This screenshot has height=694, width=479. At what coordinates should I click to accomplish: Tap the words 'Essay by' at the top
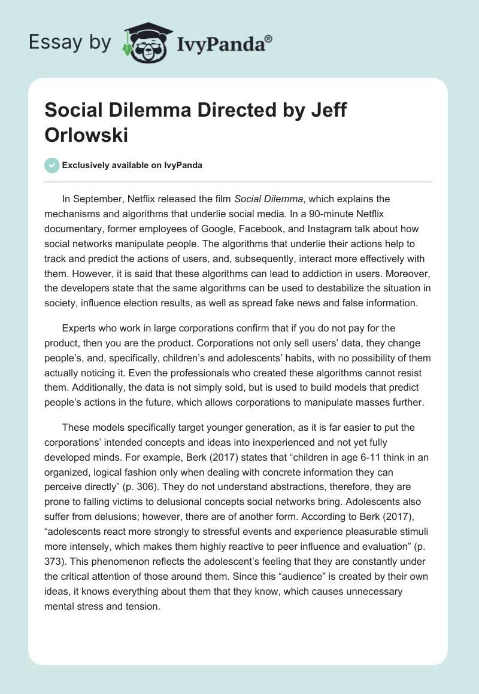[71, 42]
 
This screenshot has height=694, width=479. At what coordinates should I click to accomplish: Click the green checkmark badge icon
[52, 165]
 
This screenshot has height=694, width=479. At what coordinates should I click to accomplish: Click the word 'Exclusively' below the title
[86, 166]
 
